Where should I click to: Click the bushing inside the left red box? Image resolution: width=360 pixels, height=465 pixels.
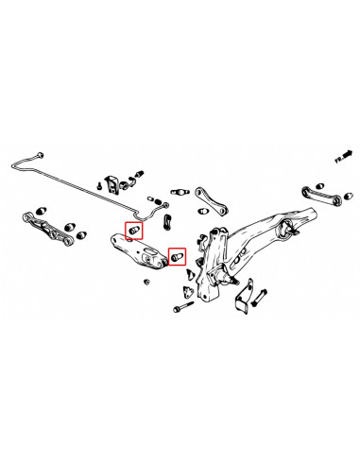(x=134, y=230)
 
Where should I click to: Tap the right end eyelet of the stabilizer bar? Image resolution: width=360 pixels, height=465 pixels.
(x=166, y=200)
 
